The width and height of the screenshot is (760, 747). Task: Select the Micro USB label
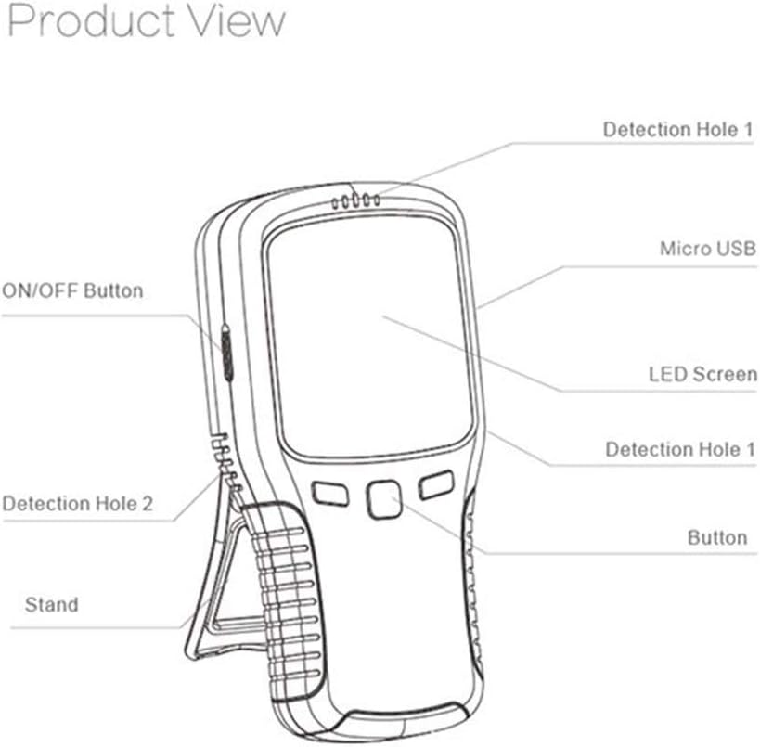click(702, 249)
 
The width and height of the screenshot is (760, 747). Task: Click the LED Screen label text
click(702, 376)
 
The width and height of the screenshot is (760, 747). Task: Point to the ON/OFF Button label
click(72, 290)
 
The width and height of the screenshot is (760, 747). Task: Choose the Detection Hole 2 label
click(78, 505)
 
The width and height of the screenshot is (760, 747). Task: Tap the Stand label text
click(51, 605)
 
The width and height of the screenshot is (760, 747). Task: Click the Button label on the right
click(716, 537)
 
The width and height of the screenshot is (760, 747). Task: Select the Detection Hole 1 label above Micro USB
click(677, 130)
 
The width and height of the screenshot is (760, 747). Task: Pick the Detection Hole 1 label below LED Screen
click(680, 449)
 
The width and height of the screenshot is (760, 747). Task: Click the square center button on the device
click(382, 500)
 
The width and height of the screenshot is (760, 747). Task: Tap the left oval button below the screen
click(329, 492)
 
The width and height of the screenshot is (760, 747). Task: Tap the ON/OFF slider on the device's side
click(225, 353)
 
